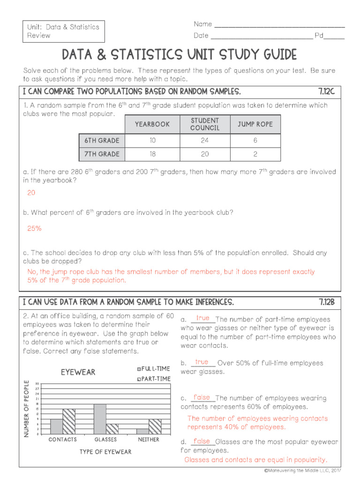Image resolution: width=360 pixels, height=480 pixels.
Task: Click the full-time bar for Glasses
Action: point(99,419)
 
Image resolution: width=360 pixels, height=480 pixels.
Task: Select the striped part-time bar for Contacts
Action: point(69,421)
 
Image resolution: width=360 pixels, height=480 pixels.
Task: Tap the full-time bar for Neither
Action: point(142,431)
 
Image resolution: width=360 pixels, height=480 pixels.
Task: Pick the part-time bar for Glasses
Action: point(112,429)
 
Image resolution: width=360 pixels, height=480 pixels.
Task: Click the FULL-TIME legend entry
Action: point(153,369)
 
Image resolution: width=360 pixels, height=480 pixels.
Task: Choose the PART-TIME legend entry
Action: point(153,379)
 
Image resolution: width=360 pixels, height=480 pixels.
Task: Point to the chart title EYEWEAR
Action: point(78,372)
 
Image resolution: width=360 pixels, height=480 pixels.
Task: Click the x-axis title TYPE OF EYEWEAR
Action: point(105,452)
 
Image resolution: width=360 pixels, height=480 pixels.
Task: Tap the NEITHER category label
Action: point(149,440)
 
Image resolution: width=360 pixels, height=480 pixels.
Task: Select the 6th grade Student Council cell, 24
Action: point(204,140)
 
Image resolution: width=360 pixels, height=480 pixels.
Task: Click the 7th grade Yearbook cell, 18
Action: point(152,154)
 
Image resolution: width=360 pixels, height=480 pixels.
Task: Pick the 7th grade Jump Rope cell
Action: point(255,154)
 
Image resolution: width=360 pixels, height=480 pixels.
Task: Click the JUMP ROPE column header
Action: point(255,124)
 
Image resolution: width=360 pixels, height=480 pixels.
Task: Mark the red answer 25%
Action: point(34,228)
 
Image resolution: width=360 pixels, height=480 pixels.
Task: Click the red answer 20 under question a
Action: point(31,193)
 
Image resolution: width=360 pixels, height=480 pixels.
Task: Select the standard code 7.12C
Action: point(326,91)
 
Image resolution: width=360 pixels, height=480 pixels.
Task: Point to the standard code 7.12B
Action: point(326,301)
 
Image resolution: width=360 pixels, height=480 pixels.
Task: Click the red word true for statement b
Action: point(202,362)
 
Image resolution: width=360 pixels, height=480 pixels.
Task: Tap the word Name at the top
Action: point(202,24)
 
